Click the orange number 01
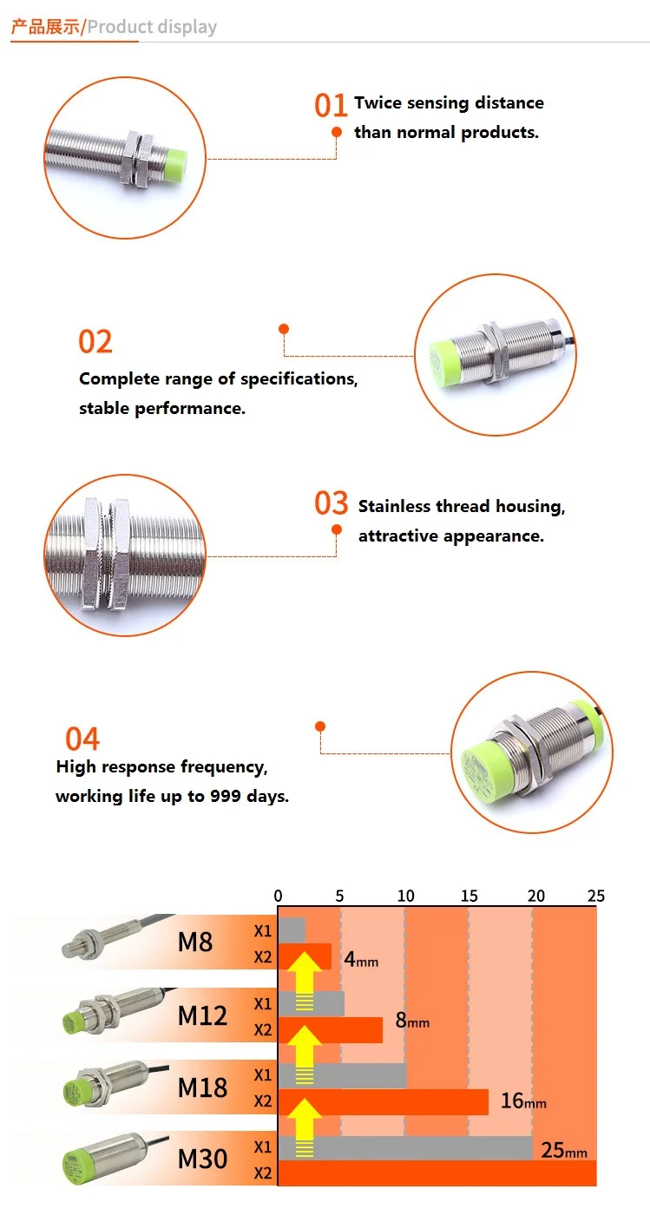pos(331,106)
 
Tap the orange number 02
pos(95,342)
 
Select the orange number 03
pos(331,503)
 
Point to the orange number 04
pos(82,739)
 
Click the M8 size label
pos(194,942)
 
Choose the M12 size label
pos(202,1015)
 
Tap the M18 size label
pos(202,1087)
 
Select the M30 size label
pos(202,1159)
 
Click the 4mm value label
pos(361,961)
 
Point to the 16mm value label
pos(523,1101)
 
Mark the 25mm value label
pos(563,1151)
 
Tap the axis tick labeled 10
pos(405,896)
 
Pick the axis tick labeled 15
pos(469,896)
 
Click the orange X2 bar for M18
pos(383,1101)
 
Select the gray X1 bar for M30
pos(404,1147)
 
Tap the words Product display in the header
pos(152,27)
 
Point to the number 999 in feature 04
pos(225,796)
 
